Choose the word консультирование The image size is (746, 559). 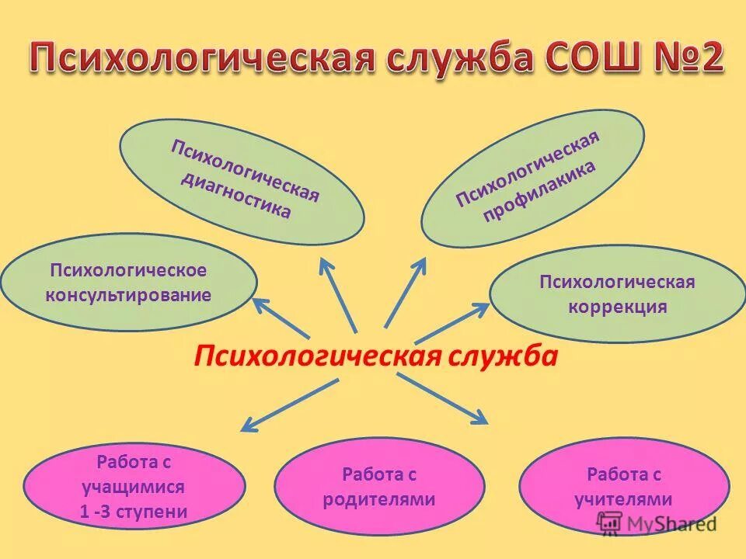[128, 296]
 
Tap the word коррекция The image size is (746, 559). [617, 306]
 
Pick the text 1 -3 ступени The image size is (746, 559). [134, 512]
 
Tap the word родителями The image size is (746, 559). [379, 499]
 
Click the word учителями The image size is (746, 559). [623, 499]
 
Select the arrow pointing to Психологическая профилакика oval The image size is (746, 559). [406, 291]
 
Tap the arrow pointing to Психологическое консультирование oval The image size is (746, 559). [280, 318]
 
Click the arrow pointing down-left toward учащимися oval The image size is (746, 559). [288, 404]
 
